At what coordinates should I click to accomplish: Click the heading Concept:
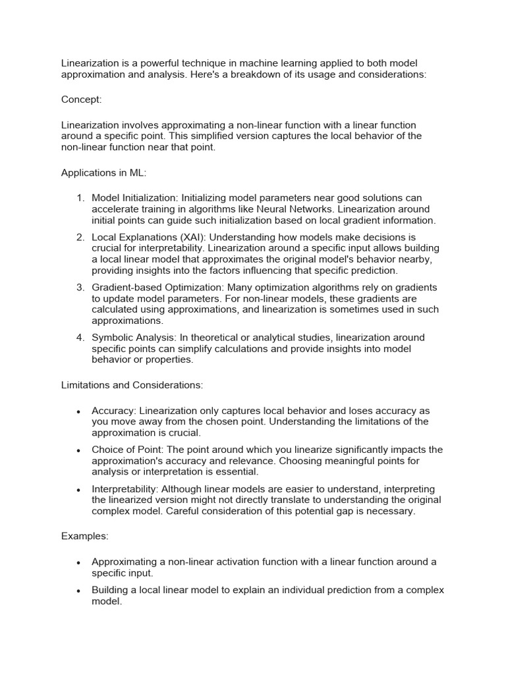coord(82,99)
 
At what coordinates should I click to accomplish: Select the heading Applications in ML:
coord(104,173)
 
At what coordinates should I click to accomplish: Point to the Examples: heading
coord(85,536)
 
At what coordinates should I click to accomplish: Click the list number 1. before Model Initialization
coord(81,198)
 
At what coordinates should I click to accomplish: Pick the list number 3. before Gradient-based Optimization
coord(81,288)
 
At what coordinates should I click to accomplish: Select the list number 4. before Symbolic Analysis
coord(81,338)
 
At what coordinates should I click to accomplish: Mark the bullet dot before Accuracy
coord(78,411)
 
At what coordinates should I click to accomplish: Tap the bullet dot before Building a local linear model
coord(78,591)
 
